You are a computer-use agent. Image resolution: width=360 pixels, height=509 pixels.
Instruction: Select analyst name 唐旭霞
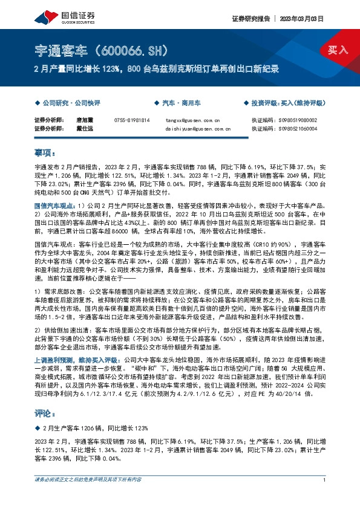[83, 120]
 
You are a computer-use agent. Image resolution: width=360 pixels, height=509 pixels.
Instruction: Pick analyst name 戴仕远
[83, 128]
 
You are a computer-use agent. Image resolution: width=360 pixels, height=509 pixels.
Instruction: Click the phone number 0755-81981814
[131, 120]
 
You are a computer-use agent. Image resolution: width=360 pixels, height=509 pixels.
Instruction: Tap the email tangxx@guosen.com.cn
[189, 120]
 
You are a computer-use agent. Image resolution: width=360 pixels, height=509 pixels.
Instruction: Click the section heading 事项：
[46, 152]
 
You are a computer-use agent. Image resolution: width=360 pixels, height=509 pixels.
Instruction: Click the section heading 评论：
[46, 413]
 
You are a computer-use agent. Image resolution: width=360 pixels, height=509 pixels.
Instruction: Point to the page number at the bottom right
[325, 497]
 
